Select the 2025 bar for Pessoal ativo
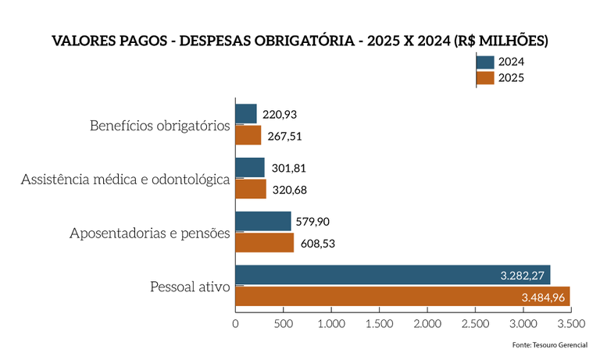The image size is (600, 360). [402, 297]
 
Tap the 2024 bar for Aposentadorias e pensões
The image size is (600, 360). [263, 221]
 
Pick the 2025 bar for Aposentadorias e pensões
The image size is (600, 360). [265, 243]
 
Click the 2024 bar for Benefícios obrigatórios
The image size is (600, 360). [246, 114]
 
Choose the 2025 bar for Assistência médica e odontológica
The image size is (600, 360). [251, 189]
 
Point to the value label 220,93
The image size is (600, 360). [280, 115]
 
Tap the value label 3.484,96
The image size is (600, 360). [542, 297]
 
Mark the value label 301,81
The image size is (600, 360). [290, 168]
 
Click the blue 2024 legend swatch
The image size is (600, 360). [484, 62]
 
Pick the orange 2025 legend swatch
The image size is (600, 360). [484, 77]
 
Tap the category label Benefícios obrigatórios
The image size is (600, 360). [159, 126]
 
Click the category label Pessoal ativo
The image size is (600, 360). [190, 287]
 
